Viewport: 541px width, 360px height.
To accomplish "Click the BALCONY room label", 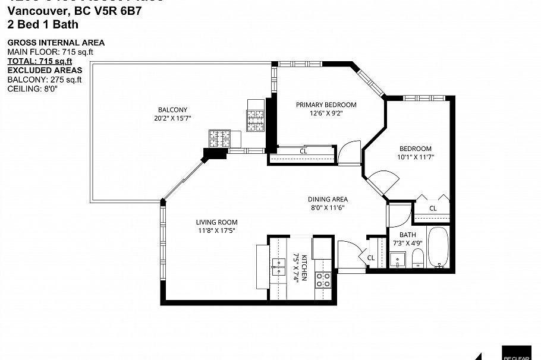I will [x=172, y=110].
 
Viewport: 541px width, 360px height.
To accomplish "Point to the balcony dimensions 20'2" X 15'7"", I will [x=172, y=118].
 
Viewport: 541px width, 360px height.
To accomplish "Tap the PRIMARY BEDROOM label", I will [x=326, y=105].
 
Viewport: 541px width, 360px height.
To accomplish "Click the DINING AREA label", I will [x=327, y=200].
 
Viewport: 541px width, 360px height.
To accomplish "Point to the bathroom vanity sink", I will [x=398, y=259].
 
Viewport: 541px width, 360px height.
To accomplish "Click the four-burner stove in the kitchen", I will [x=323, y=280].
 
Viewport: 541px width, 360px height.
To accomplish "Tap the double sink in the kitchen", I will [x=278, y=267].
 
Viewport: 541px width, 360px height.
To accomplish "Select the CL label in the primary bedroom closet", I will [x=303, y=151].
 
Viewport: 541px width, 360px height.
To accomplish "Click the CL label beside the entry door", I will [x=370, y=258].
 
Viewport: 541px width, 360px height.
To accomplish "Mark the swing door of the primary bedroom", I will [x=350, y=151].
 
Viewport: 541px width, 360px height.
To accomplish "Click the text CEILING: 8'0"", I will [x=32, y=89].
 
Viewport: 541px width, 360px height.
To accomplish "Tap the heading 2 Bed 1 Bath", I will [x=42, y=24].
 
